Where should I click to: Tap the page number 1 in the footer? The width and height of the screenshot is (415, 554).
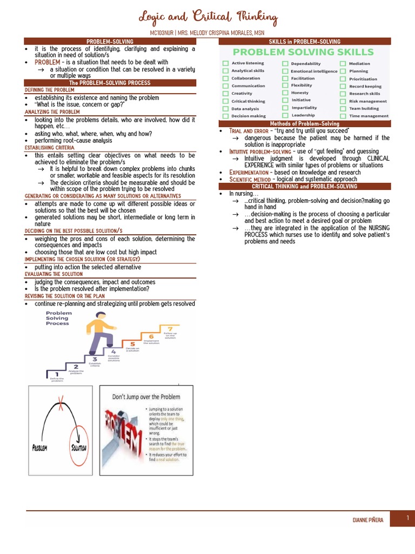(x=408, y=518)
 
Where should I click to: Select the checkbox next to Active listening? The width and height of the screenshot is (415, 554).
(x=225, y=63)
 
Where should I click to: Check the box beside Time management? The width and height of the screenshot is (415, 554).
(x=343, y=116)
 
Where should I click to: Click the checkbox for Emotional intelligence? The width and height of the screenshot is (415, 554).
(x=285, y=71)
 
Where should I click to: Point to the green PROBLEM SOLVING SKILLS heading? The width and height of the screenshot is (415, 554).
(x=303, y=52)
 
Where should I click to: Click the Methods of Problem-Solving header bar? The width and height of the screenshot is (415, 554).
(x=304, y=124)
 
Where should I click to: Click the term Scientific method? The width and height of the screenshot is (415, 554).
(x=249, y=179)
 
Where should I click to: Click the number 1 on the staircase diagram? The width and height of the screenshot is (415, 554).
(x=57, y=374)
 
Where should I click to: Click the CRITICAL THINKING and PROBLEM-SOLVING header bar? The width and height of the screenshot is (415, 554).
(x=304, y=186)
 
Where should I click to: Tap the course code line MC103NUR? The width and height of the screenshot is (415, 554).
(x=207, y=33)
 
